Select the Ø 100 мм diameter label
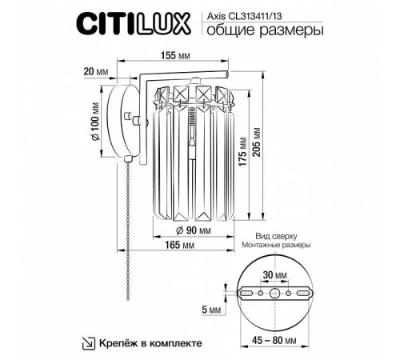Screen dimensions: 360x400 [95, 123]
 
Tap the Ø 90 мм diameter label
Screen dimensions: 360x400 [191, 230]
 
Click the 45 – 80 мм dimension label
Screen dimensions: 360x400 [278, 341]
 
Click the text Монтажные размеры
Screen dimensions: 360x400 [278, 248]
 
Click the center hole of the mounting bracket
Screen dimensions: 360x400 [278, 294]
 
